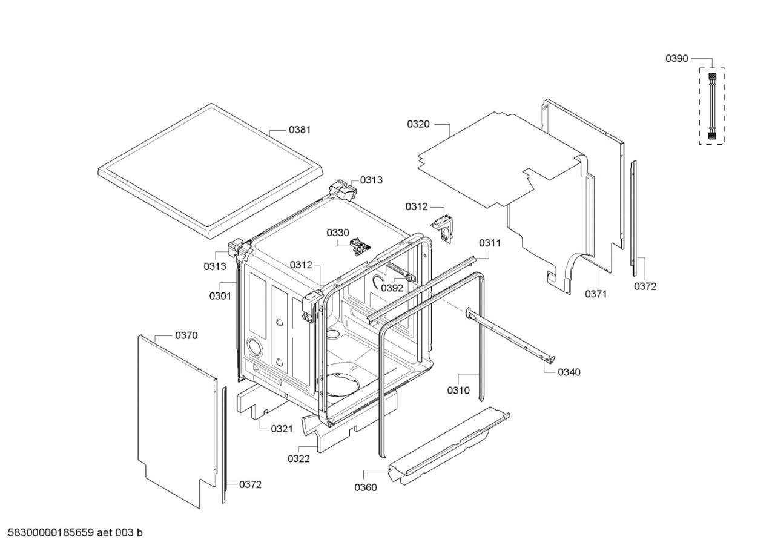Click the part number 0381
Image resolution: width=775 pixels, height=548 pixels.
(x=300, y=130)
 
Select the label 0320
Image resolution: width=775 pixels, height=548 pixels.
(x=418, y=124)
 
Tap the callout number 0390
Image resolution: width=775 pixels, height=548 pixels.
(x=677, y=59)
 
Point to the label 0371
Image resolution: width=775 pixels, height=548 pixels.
(x=596, y=294)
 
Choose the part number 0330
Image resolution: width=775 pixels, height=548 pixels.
(x=338, y=233)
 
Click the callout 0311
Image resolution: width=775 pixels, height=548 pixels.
(x=490, y=243)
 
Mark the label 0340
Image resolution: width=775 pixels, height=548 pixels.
(x=569, y=372)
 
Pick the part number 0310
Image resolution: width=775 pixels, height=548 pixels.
(x=458, y=391)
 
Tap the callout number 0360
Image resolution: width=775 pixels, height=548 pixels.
(x=366, y=487)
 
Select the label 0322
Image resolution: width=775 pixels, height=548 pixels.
(x=298, y=458)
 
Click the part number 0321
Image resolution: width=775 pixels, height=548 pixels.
(x=282, y=429)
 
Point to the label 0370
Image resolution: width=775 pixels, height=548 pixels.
(x=186, y=335)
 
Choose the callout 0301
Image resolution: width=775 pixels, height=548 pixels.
(x=220, y=296)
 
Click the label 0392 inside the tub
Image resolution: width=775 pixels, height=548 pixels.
(x=392, y=288)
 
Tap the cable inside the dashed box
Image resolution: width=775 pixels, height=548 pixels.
(x=712, y=107)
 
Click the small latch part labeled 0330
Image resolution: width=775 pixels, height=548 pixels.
(x=360, y=246)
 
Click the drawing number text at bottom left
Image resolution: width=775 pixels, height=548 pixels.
(x=75, y=533)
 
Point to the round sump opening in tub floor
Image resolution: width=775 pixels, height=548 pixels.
(x=343, y=385)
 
